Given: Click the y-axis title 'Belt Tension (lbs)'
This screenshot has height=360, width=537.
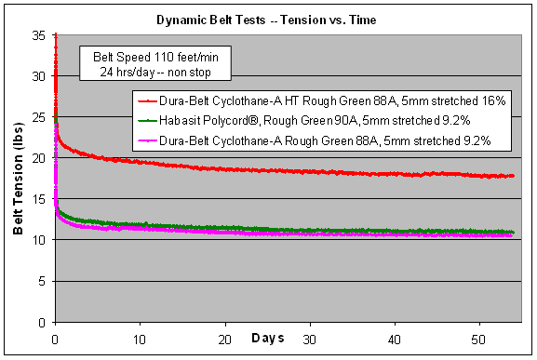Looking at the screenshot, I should [x=19, y=178].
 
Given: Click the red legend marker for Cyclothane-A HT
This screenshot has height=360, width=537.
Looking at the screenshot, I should [x=148, y=101].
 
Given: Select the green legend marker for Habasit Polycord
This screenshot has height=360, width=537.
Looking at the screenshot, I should [x=148, y=121].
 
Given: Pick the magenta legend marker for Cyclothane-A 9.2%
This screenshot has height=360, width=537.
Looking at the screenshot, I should [x=148, y=140].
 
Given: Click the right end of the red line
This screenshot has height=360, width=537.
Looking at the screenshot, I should [x=513, y=176].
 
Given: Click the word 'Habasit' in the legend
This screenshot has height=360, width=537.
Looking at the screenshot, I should [x=184, y=121].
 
